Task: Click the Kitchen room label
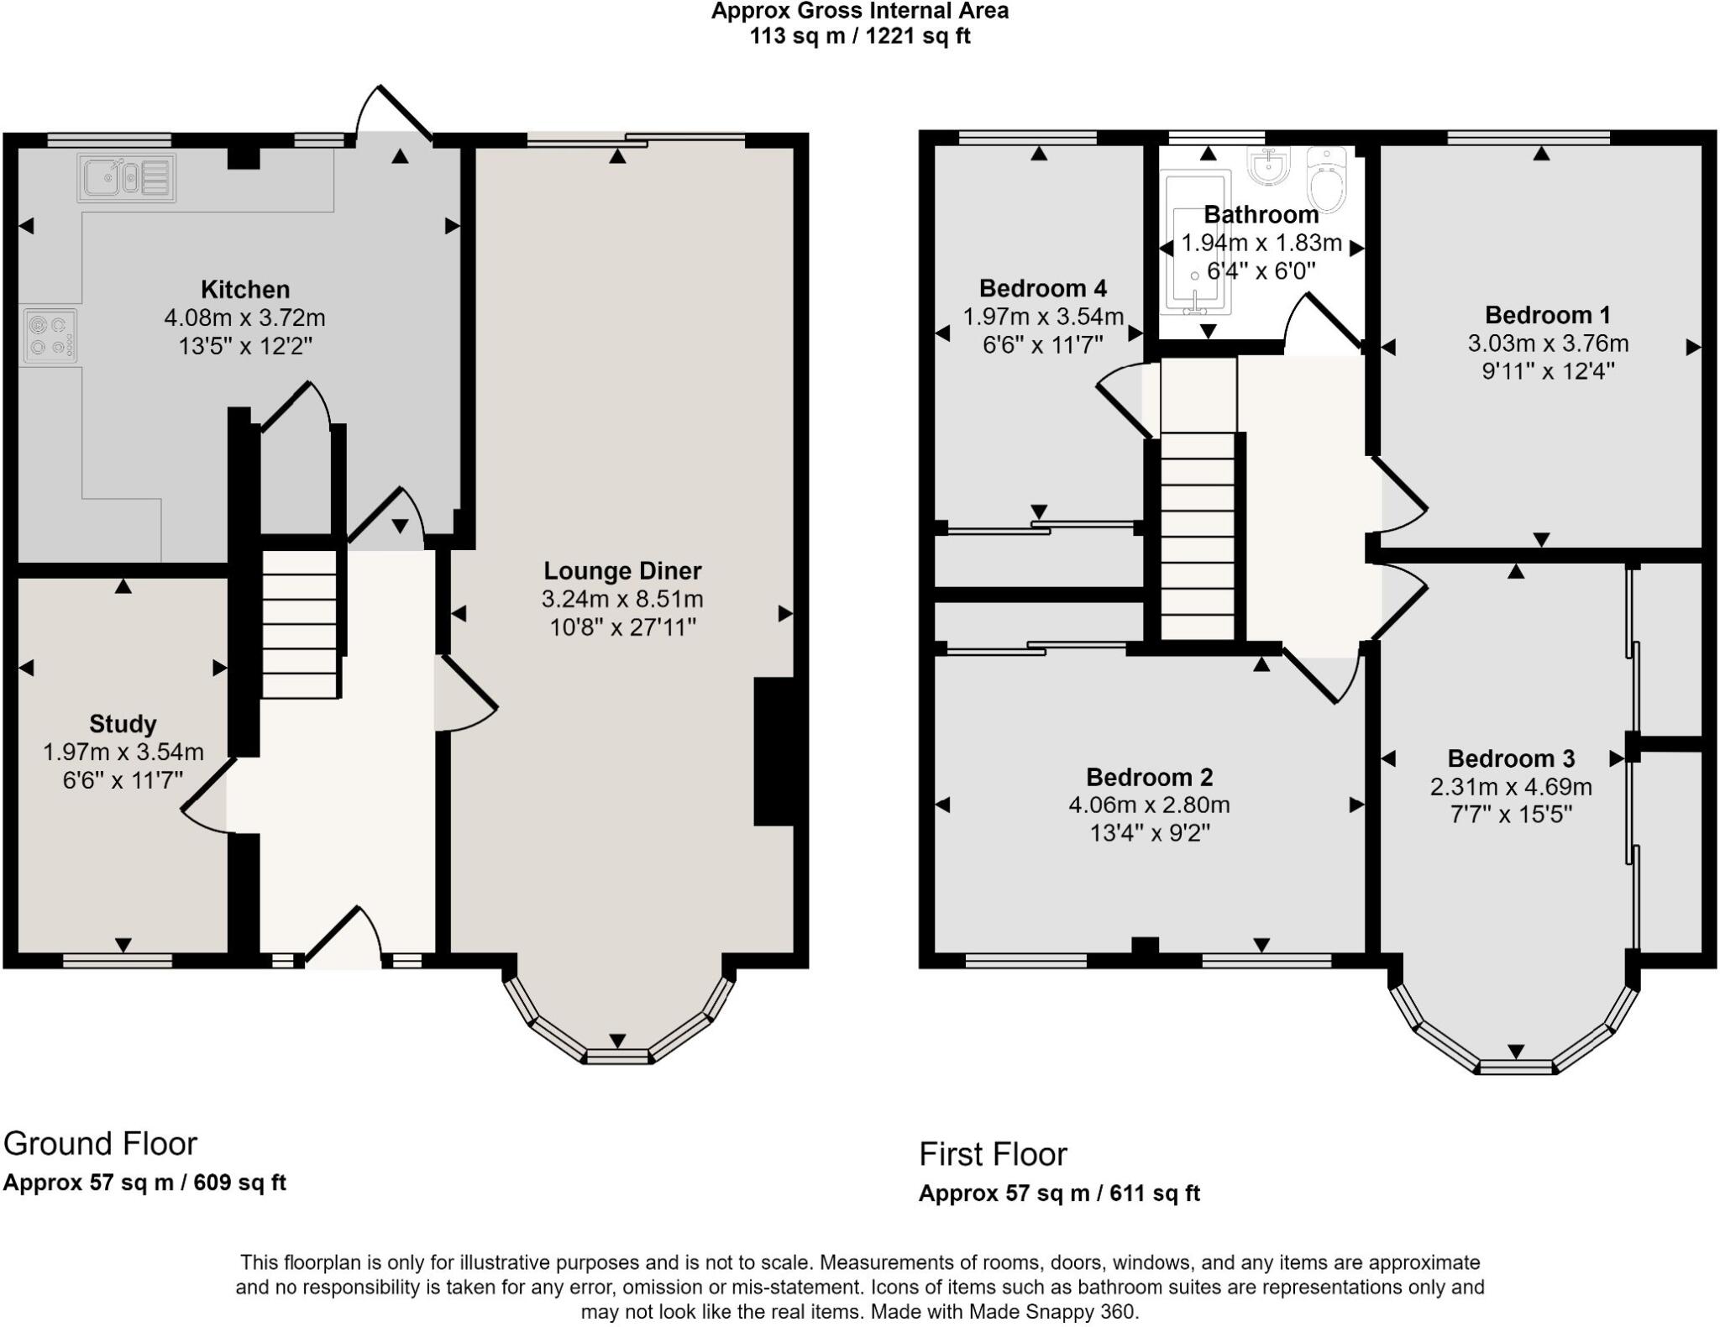[x=245, y=290]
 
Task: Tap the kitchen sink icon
[x=127, y=178]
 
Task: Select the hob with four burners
[x=50, y=336]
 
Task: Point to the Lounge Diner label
[x=622, y=571]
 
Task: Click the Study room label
[x=123, y=724]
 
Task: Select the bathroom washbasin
[x=1268, y=165]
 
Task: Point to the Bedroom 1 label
[x=1548, y=315]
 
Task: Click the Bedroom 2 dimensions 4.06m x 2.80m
[x=1149, y=805]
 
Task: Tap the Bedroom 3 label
[x=1511, y=758]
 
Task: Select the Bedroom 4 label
[x=1043, y=288]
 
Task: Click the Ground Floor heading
[x=100, y=1144]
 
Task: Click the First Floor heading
[x=993, y=1155]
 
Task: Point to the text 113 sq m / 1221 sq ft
[x=860, y=36]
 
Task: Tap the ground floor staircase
[x=300, y=623]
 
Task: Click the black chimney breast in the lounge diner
[x=774, y=752]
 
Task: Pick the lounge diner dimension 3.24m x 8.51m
[x=622, y=600]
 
